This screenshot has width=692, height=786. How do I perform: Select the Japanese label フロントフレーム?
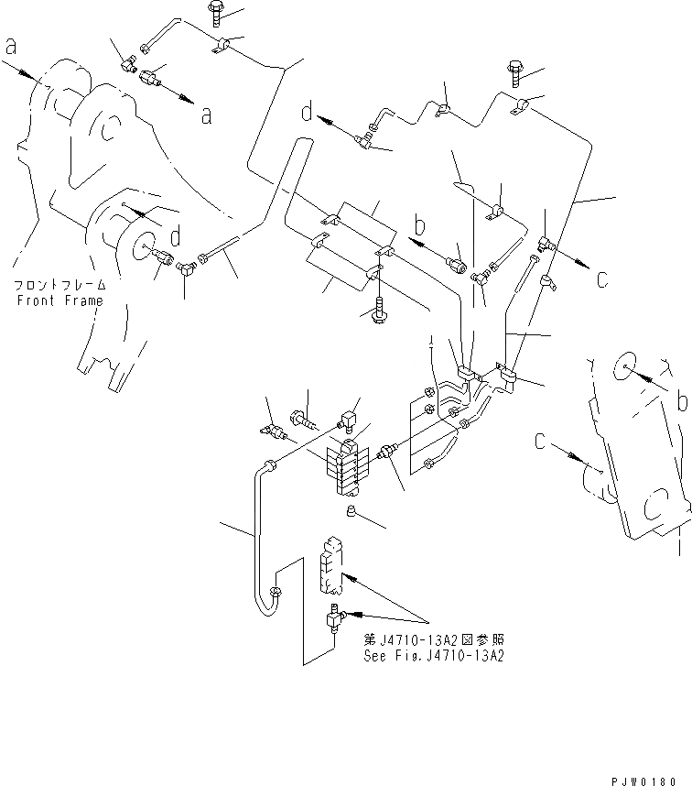(58, 286)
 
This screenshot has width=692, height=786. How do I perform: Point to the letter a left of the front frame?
(12, 46)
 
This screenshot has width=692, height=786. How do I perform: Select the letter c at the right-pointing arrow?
(601, 278)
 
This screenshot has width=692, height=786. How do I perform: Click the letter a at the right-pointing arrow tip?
(207, 115)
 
